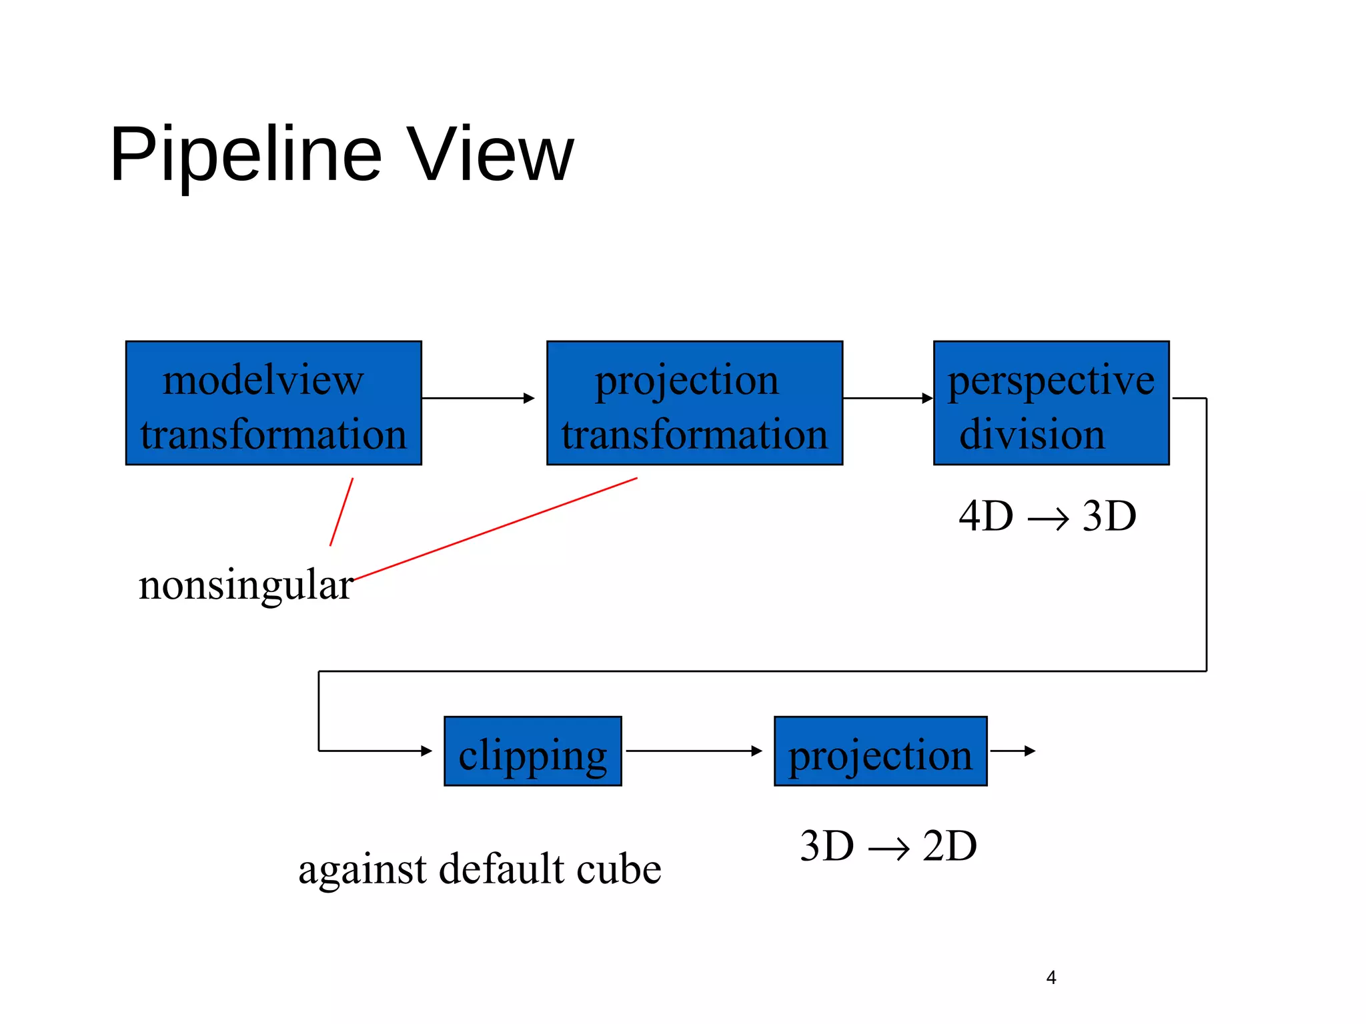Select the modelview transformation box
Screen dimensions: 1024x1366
click(273, 403)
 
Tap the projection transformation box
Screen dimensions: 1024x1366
click(694, 403)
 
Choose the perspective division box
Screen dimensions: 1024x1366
click(1051, 403)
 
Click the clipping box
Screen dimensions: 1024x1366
click(532, 751)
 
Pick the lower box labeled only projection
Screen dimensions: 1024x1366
click(880, 751)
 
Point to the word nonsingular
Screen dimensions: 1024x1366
click(245, 585)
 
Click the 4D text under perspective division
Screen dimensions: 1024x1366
click(985, 516)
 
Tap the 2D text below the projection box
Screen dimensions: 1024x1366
click(950, 846)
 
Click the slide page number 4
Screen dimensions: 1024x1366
click(1051, 977)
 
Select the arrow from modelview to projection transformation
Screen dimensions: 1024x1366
click(477, 398)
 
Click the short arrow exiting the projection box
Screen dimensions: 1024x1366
click(1012, 751)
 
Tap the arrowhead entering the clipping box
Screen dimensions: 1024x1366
click(426, 751)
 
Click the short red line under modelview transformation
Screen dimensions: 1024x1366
click(341, 512)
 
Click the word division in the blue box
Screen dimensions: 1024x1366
click(1032, 435)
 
